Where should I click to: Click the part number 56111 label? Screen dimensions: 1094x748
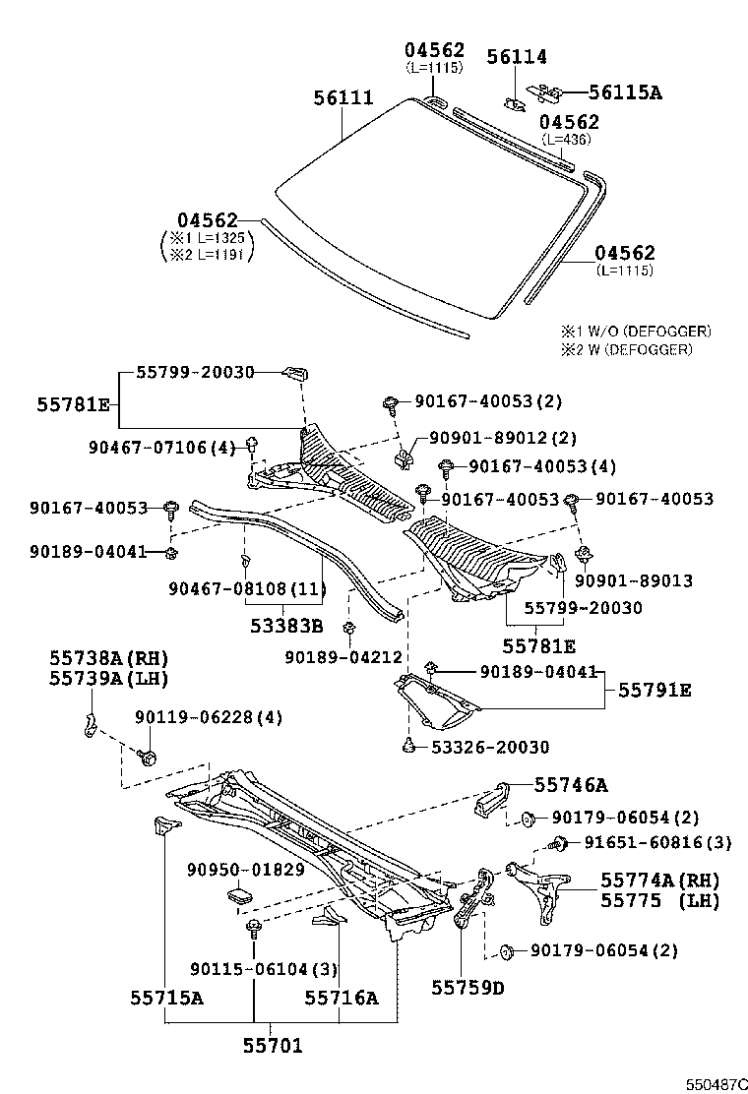pyautogui.click(x=343, y=98)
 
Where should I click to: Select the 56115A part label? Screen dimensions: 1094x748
pyautogui.click(x=625, y=93)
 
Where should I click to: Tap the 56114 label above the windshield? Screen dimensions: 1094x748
pyautogui.click(x=517, y=58)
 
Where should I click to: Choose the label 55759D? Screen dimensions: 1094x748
pyautogui.click(x=467, y=988)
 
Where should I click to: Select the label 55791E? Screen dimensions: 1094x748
pyautogui.click(x=654, y=691)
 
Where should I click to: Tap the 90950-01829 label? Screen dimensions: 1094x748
pyautogui.click(x=246, y=870)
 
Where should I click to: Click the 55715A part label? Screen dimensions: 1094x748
pyautogui.click(x=166, y=998)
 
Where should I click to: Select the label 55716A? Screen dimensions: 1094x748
pyautogui.click(x=341, y=998)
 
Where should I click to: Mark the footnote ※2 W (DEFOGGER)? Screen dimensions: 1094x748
pyautogui.click(x=627, y=349)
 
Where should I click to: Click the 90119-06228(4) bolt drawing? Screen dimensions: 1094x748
pyautogui.click(x=149, y=758)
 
